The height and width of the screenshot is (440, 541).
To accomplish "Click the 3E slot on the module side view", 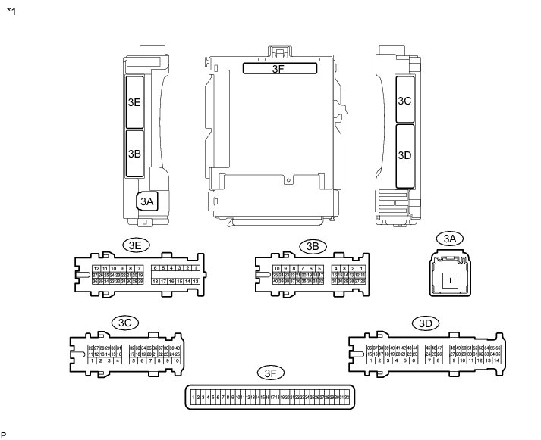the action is click(134, 101).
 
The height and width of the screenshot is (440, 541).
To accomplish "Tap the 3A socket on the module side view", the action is click(146, 201).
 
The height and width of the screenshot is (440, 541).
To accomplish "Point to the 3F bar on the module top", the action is click(279, 68).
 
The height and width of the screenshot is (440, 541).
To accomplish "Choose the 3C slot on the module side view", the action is click(404, 99).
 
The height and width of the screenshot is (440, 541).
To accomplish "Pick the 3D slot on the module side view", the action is click(404, 155).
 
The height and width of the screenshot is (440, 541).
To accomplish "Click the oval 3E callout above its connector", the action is click(137, 245).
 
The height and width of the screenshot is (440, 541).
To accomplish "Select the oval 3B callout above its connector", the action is click(311, 245).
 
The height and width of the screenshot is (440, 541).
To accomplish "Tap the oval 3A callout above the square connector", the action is click(450, 239).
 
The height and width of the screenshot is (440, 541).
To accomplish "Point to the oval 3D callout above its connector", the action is click(425, 323).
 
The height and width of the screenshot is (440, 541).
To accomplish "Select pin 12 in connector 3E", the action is click(96, 268).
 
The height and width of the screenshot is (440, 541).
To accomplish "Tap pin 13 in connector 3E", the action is click(197, 282).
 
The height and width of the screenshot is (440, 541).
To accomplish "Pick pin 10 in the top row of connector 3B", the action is click(277, 268).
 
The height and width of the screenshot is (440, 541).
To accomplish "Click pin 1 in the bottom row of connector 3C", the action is click(92, 360).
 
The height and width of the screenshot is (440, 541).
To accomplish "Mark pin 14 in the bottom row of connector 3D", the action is click(496, 360).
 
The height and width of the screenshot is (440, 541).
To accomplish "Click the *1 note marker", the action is click(10, 11).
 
